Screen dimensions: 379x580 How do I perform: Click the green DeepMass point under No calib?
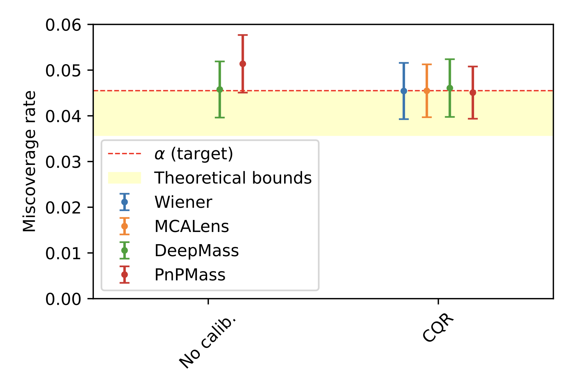pyautogui.click(x=220, y=89)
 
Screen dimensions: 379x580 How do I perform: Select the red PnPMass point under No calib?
pyautogui.click(x=243, y=64)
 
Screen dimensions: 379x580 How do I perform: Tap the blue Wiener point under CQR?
pyautogui.click(x=404, y=91)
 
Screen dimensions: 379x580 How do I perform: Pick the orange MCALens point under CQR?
pyautogui.click(x=427, y=91)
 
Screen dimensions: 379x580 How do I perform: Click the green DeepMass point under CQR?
pyautogui.click(x=450, y=88)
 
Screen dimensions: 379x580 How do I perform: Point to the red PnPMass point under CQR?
pyautogui.click(x=473, y=92)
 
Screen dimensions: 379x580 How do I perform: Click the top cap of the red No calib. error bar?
pyautogui.click(x=243, y=35)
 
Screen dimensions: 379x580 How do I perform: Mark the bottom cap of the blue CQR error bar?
pyautogui.click(x=404, y=119)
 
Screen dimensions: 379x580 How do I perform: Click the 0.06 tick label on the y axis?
pyautogui.click(x=63, y=25)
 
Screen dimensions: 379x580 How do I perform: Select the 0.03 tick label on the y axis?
pyautogui.click(x=63, y=162)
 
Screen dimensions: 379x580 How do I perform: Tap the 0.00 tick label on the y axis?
pyautogui.click(x=63, y=299)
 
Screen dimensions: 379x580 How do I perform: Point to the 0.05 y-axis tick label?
pyautogui.click(x=63, y=71)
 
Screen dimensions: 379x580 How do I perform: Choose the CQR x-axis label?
pyautogui.click(x=438, y=328)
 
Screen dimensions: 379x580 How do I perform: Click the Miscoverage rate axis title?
pyautogui.click(x=30, y=161)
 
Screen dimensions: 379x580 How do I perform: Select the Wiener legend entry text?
pyautogui.click(x=183, y=202)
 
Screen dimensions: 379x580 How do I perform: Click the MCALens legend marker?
pyautogui.click(x=125, y=226)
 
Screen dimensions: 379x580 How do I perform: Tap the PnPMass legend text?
pyautogui.click(x=190, y=275)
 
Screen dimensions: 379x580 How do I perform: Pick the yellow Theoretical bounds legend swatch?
pyautogui.click(x=125, y=178)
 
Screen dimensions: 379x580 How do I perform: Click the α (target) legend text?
pyautogui.click(x=194, y=154)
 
